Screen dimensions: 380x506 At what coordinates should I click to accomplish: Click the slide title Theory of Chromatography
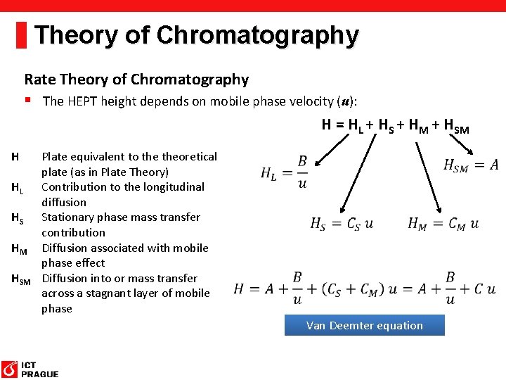(x=196, y=34)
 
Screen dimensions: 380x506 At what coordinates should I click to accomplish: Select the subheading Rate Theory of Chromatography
(x=136, y=80)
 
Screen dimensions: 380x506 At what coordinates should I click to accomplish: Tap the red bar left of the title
(x=21, y=34)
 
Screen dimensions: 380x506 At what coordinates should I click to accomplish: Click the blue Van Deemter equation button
(x=364, y=325)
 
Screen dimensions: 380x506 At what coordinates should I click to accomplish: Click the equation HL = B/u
(x=284, y=172)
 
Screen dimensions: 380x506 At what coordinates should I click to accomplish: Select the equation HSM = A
(x=471, y=165)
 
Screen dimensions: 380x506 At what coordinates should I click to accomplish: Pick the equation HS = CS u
(x=342, y=224)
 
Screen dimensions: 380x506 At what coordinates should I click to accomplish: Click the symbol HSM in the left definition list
(x=21, y=279)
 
